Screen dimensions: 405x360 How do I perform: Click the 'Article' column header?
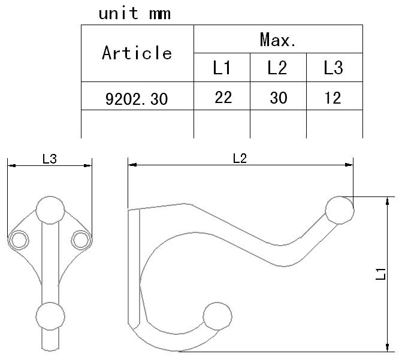137,53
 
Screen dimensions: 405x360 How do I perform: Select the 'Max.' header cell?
278,40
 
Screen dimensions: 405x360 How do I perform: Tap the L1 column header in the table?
222,68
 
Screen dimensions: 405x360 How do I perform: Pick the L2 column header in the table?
277,68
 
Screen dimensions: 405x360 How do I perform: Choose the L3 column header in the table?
334,68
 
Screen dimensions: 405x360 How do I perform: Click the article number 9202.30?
137,99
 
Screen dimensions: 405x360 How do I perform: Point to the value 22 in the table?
223,98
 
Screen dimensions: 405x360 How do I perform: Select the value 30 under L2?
279,98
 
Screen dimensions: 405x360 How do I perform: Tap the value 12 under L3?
333,98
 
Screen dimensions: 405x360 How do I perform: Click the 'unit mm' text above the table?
135,13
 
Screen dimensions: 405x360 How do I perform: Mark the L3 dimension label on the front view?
49,159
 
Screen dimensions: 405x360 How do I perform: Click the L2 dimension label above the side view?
240,158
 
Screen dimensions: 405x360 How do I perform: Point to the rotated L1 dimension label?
380,274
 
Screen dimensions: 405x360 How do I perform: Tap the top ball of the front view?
50,210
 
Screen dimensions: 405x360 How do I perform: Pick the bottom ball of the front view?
50,316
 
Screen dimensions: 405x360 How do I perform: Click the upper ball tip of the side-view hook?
339,210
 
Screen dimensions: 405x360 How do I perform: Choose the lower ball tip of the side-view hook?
217,316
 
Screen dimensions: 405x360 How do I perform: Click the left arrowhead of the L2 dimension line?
132,165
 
